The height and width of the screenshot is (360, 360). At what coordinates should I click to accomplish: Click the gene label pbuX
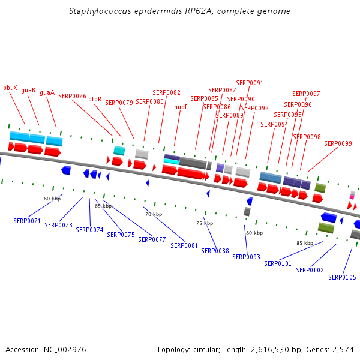coord(10,88)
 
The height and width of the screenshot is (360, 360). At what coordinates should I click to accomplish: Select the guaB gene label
coord(28,90)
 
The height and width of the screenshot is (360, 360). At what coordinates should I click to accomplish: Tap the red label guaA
coord(47,93)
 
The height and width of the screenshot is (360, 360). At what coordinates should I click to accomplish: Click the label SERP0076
coord(73,96)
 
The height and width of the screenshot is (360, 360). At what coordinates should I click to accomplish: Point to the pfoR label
coord(95,99)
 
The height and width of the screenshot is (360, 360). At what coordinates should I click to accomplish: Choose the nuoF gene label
coord(181,107)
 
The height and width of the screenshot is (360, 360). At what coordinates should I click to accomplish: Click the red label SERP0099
coord(338,143)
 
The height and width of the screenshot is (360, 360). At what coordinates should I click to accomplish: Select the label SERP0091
coord(250,83)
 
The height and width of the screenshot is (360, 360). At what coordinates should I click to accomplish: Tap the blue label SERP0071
coord(27,221)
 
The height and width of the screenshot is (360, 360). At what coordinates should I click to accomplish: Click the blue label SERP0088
coord(215,251)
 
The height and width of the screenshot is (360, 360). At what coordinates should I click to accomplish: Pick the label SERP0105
coord(342,277)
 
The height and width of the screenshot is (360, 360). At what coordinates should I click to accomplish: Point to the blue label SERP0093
coord(246,257)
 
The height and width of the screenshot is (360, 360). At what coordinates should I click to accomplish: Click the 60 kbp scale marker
coord(52,199)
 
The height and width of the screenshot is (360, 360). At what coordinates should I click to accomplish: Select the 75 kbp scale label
coord(205,223)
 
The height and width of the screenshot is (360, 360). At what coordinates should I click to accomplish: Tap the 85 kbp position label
coord(305,243)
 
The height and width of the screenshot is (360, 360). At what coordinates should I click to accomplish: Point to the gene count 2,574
coord(343,349)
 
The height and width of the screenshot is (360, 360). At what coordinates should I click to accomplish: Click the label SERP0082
coord(166,93)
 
